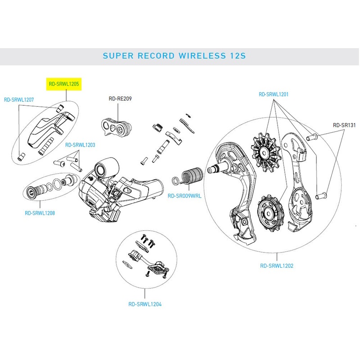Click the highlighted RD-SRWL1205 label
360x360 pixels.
[64, 84]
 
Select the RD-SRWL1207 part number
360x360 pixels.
[19, 99]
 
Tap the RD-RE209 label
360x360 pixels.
[120, 99]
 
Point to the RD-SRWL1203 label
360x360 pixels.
[80, 145]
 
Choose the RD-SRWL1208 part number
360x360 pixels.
[40, 213]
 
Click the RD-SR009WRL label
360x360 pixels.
[184, 196]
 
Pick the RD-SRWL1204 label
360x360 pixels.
[145, 304]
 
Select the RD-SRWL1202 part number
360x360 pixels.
[277, 266]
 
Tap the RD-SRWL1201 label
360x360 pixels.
[274, 94]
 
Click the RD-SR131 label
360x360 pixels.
[344, 125]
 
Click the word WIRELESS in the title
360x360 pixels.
[202, 56]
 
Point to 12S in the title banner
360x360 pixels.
[238, 56]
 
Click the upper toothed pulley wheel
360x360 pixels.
[266, 153]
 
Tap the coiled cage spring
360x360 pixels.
[193, 175]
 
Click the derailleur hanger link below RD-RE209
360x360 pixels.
[117, 127]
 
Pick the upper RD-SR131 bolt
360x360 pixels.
[312, 137]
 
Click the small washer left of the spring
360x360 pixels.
[175, 180]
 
